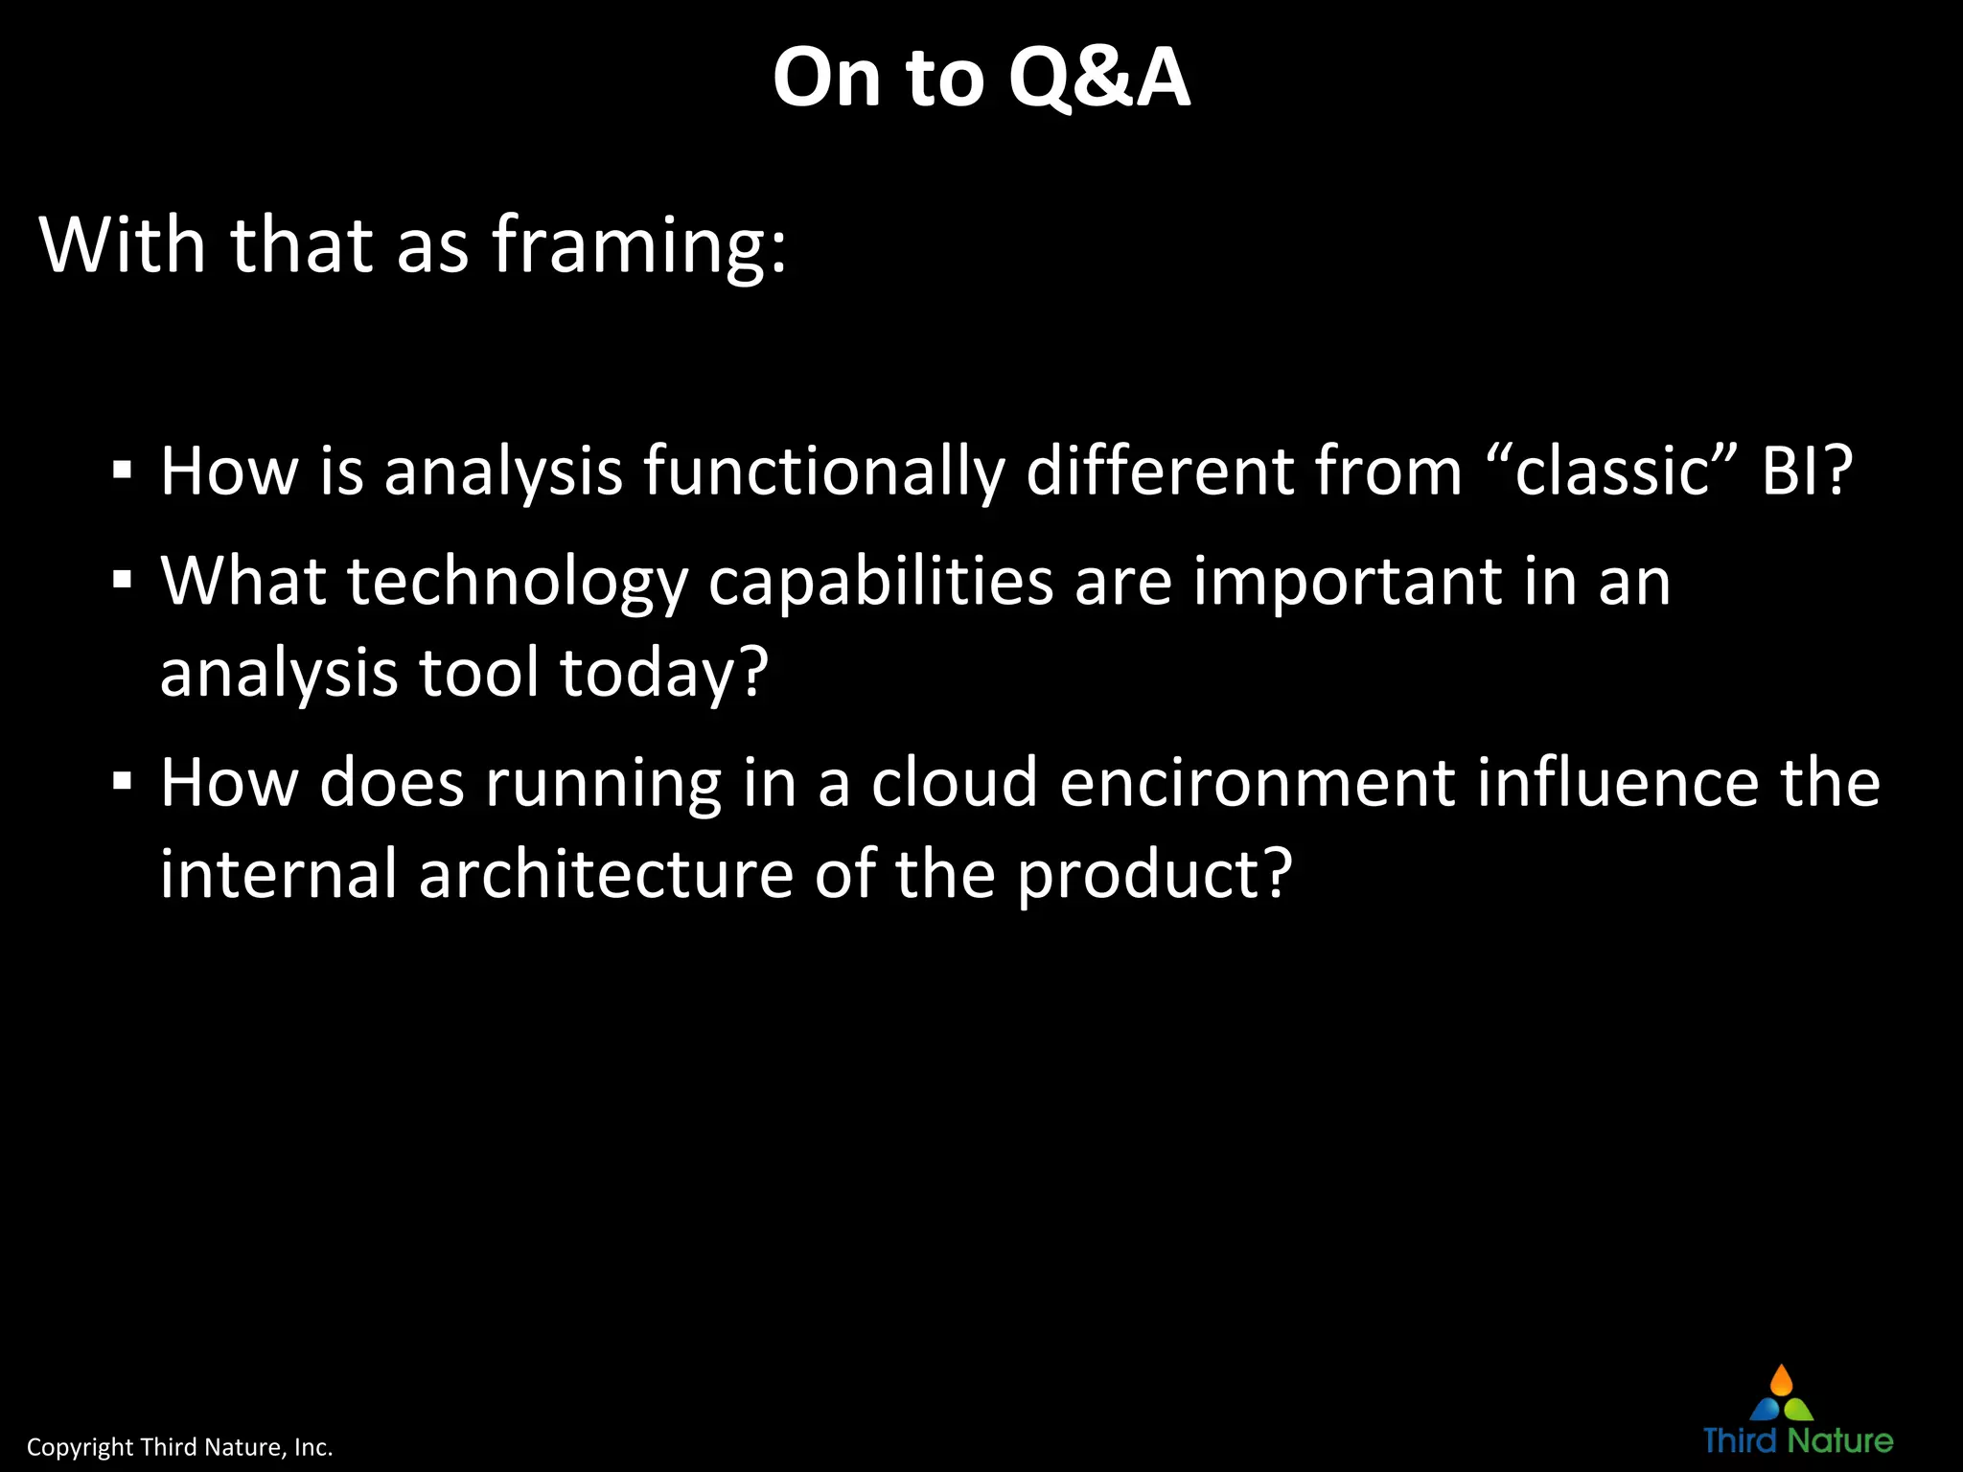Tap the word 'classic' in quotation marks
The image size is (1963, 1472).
click(x=1612, y=471)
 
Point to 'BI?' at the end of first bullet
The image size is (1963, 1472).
click(x=1807, y=471)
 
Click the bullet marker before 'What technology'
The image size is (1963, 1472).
click(x=122, y=581)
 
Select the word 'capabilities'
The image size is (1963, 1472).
click(x=881, y=583)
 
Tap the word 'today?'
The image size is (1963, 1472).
click(x=664, y=673)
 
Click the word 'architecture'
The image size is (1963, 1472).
click(x=606, y=874)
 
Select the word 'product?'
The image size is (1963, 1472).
click(x=1154, y=876)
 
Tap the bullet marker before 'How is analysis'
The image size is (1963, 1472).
click(x=122, y=471)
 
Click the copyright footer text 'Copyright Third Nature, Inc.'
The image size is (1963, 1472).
click(x=179, y=1447)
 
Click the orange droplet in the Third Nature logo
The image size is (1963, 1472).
click(x=1781, y=1381)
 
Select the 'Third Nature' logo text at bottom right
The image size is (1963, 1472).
click(x=1798, y=1440)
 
